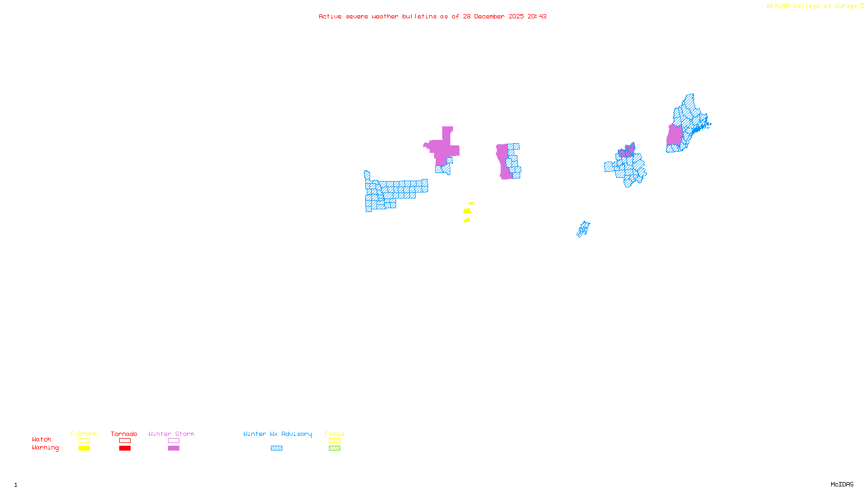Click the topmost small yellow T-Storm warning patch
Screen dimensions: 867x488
(x=471, y=203)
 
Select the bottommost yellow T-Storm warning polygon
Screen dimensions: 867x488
(x=467, y=220)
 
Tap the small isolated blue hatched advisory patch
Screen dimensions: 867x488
(x=583, y=229)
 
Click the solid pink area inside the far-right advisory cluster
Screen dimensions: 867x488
(x=674, y=135)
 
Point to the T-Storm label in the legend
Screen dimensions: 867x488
(x=83, y=434)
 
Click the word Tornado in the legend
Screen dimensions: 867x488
(x=124, y=434)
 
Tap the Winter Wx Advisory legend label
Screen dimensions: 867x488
(x=277, y=434)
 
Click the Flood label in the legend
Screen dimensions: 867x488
(x=334, y=434)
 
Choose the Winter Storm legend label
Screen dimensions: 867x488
(x=171, y=434)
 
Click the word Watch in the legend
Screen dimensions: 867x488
(x=42, y=439)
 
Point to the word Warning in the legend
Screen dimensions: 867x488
(x=46, y=448)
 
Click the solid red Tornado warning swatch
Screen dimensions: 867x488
(x=125, y=448)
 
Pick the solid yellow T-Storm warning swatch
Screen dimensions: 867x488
(x=84, y=448)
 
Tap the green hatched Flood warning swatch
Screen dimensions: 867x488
(x=335, y=448)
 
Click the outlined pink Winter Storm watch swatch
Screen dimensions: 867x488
(x=173, y=441)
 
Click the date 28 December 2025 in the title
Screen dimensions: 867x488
(x=493, y=16)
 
